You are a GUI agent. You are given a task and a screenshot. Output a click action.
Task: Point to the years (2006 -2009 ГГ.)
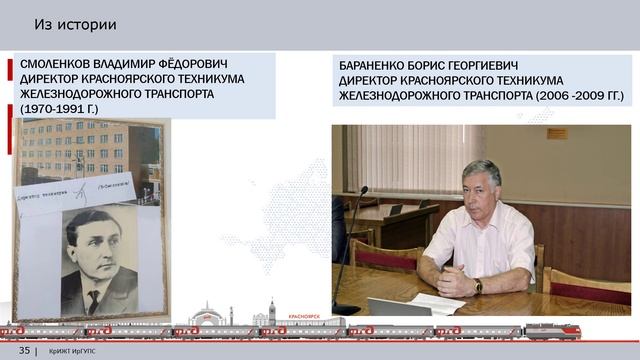click(x=573, y=96)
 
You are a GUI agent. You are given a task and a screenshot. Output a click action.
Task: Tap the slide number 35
click(x=24, y=350)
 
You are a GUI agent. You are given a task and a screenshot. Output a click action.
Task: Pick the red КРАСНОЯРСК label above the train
click(x=302, y=315)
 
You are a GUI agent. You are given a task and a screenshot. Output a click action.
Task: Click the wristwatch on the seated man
click(x=478, y=286)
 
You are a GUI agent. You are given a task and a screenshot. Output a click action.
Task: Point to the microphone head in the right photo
click(x=363, y=190)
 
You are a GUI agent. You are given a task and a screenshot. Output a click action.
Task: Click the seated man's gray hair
click(x=482, y=170)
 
